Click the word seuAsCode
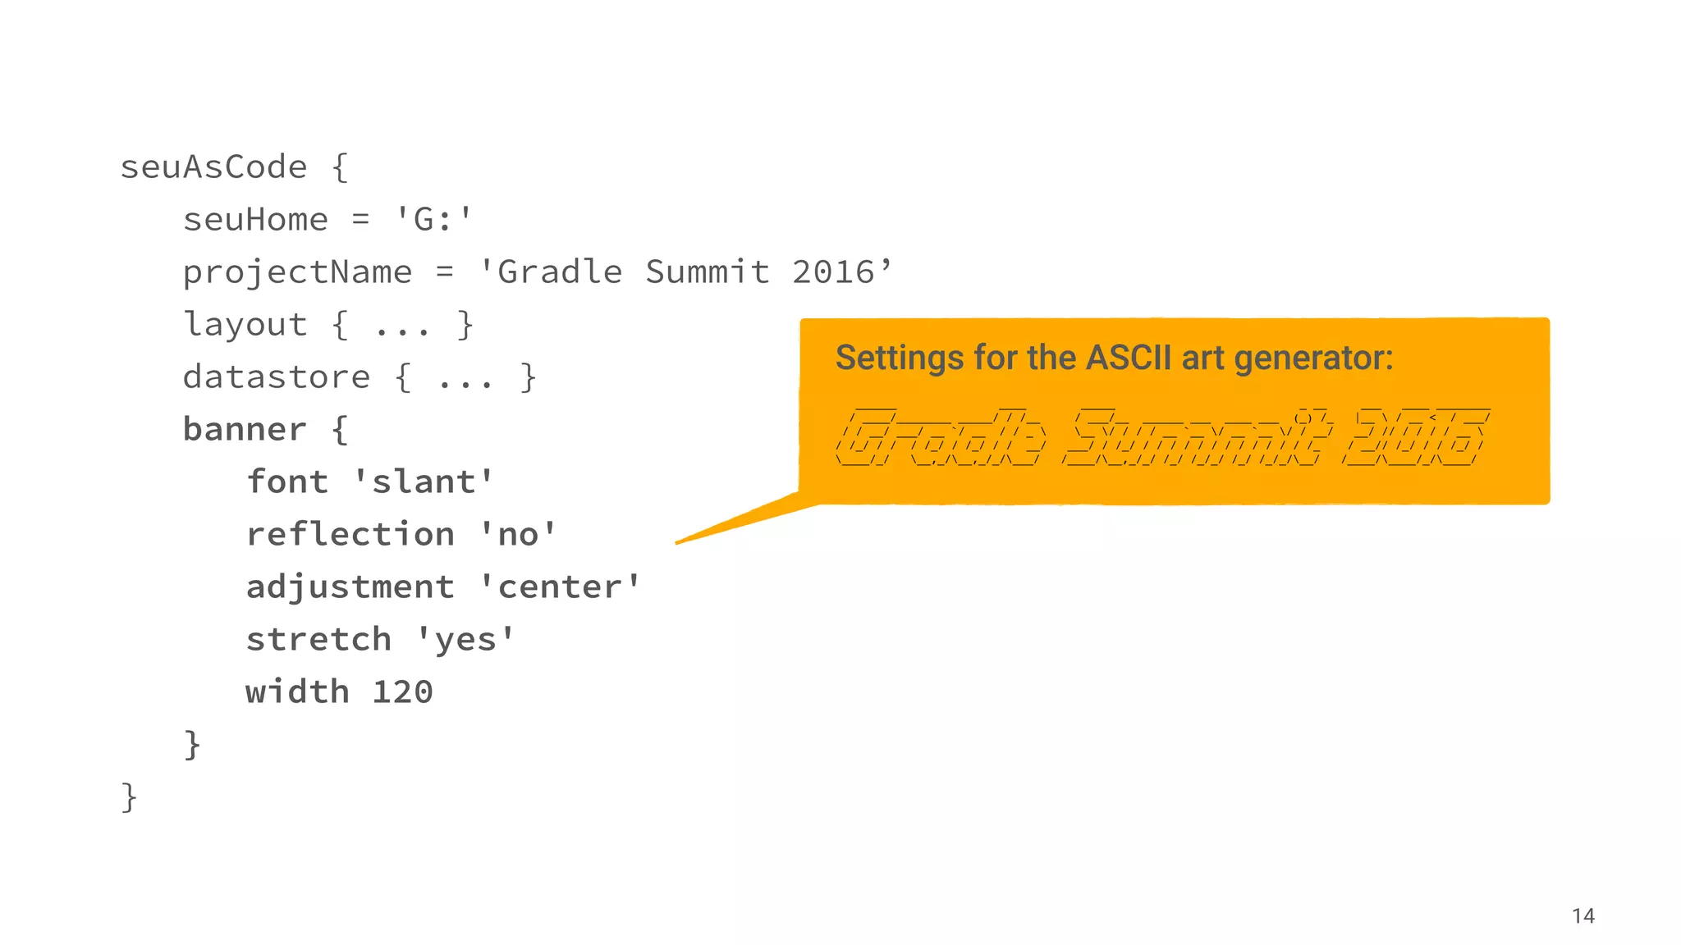(x=213, y=167)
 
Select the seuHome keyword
(x=255, y=220)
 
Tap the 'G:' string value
(x=433, y=220)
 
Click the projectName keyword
(x=297, y=272)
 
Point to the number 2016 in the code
(x=833, y=272)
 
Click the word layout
(x=245, y=325)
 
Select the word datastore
(x=277, y=377)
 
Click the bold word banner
(x=245, y=430)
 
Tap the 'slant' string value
(x=424, y=482)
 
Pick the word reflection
(x=350, y=535)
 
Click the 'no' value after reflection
(x=518, y=535)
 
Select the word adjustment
(x=350, y=587)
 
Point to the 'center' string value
(x=560, y=587)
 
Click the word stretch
(x=318, y=640)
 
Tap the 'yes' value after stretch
(x=465, y=640)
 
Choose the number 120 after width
(x=402, y=692)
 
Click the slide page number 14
(x=1583, y=916)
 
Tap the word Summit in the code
(x=707, y=272)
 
